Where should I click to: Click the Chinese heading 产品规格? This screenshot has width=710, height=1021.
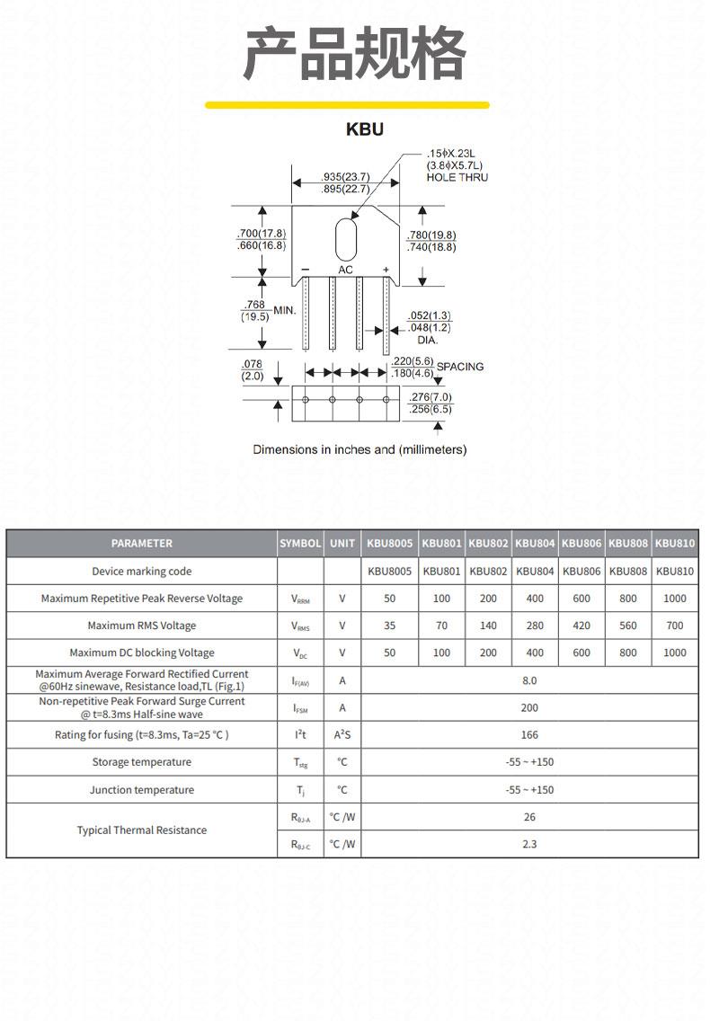click(x=355, y=53)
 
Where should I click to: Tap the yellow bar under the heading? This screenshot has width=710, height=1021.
click(x=347, y=105)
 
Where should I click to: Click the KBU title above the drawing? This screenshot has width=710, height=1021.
click(x=365, y=129)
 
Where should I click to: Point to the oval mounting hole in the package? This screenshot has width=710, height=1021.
click(x=346, y=240)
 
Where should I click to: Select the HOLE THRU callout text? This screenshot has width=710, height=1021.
click(x=457, y=177)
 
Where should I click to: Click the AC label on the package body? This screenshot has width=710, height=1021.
click(x=345, y=270)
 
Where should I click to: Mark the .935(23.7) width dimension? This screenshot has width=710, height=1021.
click(x=345, y=176)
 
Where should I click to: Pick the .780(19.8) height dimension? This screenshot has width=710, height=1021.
click(x=431, y=235)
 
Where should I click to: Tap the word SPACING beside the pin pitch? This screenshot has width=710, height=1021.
click(x=460, y=367)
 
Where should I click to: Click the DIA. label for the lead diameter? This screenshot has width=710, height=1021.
click(x=427, y=340)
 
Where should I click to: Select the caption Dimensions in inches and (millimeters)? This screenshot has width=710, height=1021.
click(x=359, y=449)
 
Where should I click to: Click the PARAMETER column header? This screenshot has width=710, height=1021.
click(x=142, y=543)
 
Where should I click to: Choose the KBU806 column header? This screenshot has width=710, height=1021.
click(x=581, y=543)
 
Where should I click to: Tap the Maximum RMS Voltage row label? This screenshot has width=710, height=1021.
click(x=142, y=626)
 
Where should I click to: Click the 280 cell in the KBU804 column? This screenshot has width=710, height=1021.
click(x=535, y=626)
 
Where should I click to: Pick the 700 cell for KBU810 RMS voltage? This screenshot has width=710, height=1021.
click(x=675, y=626)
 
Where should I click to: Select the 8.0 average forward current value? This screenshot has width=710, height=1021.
click(x=529, y=680)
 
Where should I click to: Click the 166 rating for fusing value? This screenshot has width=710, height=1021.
click(x=529, y=734)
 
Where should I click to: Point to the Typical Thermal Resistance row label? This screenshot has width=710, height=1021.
click(x=142, y=830)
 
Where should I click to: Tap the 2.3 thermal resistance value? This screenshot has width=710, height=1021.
click(x=529, y=844)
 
